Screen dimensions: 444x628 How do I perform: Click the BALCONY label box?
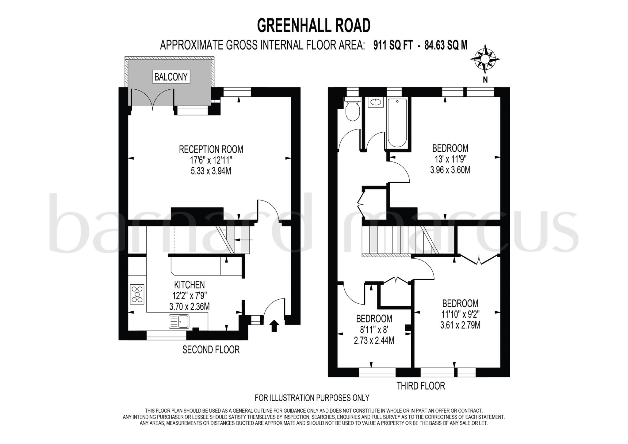coord(171,77)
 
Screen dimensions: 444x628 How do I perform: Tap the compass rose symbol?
coord(485,59)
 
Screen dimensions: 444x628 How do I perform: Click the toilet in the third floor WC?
coord(352,110)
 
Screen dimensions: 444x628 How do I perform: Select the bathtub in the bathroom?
coord(397,123)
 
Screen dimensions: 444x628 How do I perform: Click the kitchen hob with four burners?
coord(137,294)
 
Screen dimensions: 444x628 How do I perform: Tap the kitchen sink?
coord(179,322)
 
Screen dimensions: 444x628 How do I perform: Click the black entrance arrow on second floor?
coord(274,326)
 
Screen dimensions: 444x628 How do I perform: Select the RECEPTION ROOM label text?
coord(211,150)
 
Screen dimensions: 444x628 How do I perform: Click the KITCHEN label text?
coord(189,285)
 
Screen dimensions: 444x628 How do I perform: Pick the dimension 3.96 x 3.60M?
coord(450,170)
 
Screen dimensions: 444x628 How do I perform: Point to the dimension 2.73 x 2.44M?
coord(374,340)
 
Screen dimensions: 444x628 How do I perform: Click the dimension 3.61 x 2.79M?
coord(460,325)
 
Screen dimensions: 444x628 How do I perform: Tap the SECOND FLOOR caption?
coord(211,350)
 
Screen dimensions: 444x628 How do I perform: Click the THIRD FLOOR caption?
coord(420,386)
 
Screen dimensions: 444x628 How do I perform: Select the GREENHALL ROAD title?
coord(314,25)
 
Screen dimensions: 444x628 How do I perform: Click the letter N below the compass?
coord(485,80)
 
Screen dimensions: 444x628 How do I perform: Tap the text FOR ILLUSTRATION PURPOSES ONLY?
coord(312,398)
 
